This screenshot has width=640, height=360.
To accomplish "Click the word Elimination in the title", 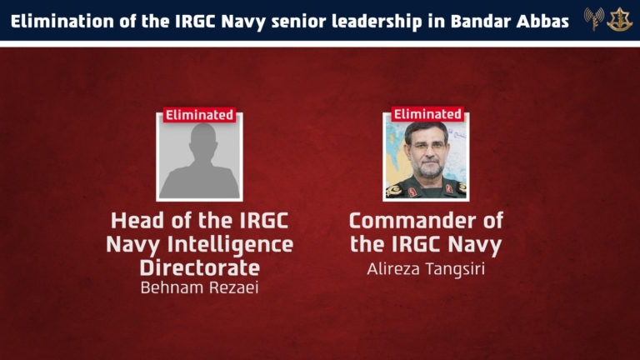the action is click(62, 21).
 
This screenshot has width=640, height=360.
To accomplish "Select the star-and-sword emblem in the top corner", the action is click(619, 19).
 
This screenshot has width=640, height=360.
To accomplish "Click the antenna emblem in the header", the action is click(594, 19).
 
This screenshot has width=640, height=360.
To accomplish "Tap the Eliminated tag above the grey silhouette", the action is click(200, 115).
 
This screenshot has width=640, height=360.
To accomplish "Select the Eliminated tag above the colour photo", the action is click(427, 114).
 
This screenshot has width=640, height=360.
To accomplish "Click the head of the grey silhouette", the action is click(202, 141).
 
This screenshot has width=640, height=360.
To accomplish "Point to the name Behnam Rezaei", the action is click(200, 287).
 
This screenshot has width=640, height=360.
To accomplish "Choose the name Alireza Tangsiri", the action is click(426, 269).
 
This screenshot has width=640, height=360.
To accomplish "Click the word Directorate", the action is click(200, 267).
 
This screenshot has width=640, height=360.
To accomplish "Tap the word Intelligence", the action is click(231, 244).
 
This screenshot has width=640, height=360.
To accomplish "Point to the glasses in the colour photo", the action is click(427, 146).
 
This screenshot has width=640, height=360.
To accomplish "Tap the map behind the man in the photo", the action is click(395, 155).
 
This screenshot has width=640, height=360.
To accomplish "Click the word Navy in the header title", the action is click(243, 22).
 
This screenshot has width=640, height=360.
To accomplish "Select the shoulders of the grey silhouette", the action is click(200, 182).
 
